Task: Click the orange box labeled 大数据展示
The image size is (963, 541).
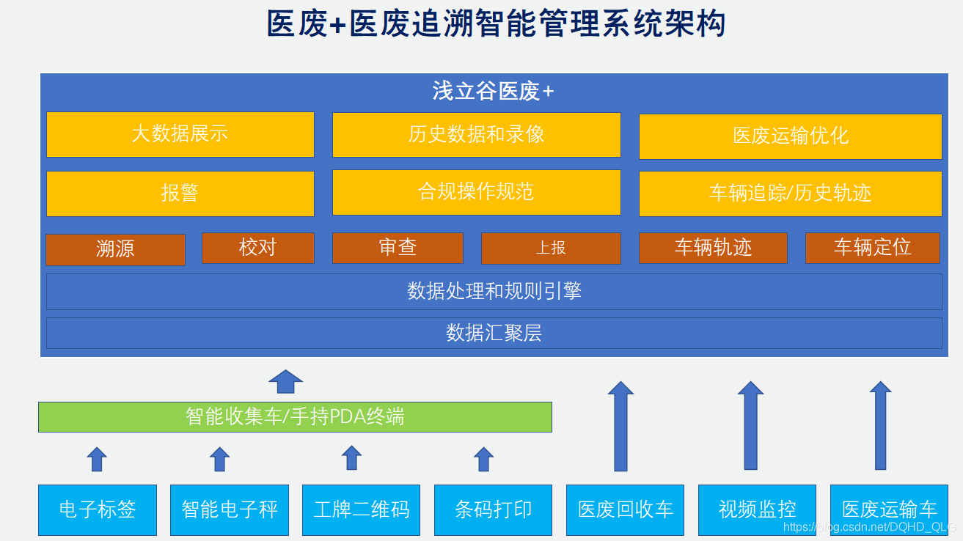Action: (x=180, y=134)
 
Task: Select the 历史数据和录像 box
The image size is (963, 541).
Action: (x=476, y=134)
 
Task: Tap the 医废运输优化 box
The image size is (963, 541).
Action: (x=790, y=136)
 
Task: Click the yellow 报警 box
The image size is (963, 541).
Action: (x=180, y=194)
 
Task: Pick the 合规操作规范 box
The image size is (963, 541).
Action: (x=476, y=192)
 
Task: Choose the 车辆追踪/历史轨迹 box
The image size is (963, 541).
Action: (x=790, y=194)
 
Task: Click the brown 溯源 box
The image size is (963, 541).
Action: (x=115, y=249)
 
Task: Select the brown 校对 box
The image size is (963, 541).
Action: (x=257, y=248)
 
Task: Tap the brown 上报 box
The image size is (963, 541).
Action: (x=550, y=249)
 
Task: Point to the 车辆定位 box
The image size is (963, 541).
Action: (x=872, y=248)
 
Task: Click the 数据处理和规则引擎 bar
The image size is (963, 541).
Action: (x=494, y=292)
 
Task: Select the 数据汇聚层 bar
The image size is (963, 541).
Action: (x=494, y=333)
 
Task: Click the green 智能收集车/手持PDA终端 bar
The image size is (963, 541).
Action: (x=295, y=417)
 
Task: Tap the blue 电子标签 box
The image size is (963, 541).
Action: (x=98, y=509)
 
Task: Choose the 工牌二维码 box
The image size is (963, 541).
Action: (x=361, y=509)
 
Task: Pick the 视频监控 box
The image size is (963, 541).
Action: (x=757, y=509)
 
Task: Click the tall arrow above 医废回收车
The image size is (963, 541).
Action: (x=620, y=426)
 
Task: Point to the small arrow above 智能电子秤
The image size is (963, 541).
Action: (x=219, y=459)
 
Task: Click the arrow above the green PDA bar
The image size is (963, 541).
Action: (x=285, y=381)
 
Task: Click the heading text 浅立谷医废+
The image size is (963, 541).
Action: (x=493, y=92)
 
